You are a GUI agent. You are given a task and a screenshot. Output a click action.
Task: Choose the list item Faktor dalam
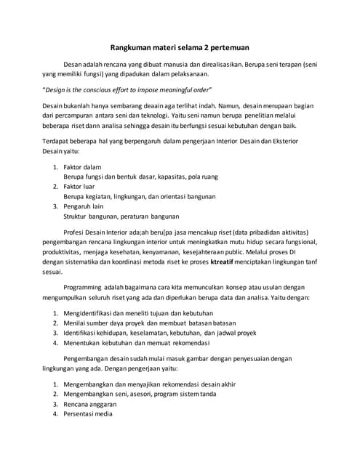click(82, 167)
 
